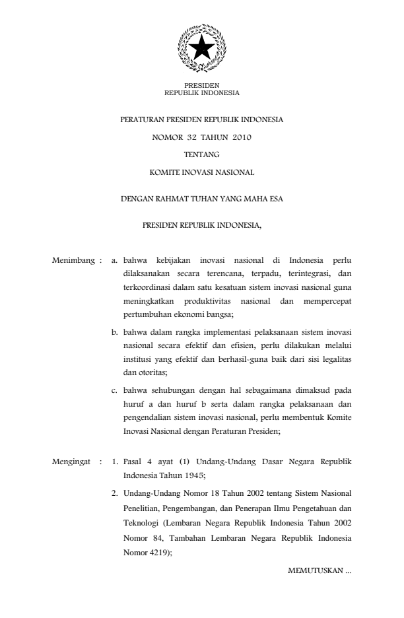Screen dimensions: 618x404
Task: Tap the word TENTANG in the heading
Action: coord(201,155)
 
